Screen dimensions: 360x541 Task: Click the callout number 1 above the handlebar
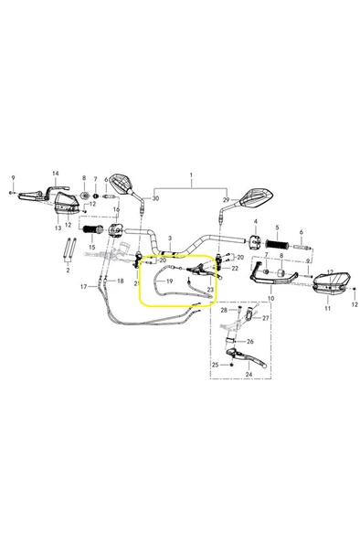[x=191, y=175]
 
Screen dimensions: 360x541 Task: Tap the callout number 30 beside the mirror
[x=155, y=198]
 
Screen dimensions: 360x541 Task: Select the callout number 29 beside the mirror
[x=227, y=200]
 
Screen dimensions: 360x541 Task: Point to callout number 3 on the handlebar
[x=170, y=239]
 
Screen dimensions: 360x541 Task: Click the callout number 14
[x=56, y=174]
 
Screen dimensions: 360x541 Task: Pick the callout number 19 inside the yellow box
[x=169, y=281]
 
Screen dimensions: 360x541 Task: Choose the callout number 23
[x=210, y=290]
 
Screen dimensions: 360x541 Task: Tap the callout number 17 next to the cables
[x=84, y=286]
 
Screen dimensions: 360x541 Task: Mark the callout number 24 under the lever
[x=249, y=375]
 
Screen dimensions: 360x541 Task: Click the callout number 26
[x=250, y=342]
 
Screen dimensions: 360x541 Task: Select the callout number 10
[x=271, y=298]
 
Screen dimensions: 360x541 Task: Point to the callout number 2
[x=68, y=270]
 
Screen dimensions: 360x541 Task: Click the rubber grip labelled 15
[x=91, y=229]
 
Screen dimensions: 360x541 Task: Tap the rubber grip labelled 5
[x=277, y=245]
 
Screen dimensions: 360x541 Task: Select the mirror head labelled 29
[x=257, y=199]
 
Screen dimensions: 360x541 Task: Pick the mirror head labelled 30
[x=121, y=183]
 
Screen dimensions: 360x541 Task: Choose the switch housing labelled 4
[x=255, y=241]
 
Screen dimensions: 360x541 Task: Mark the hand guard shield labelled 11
[x=333, y=281]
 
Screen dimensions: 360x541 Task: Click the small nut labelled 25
[x=231, y=365]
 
